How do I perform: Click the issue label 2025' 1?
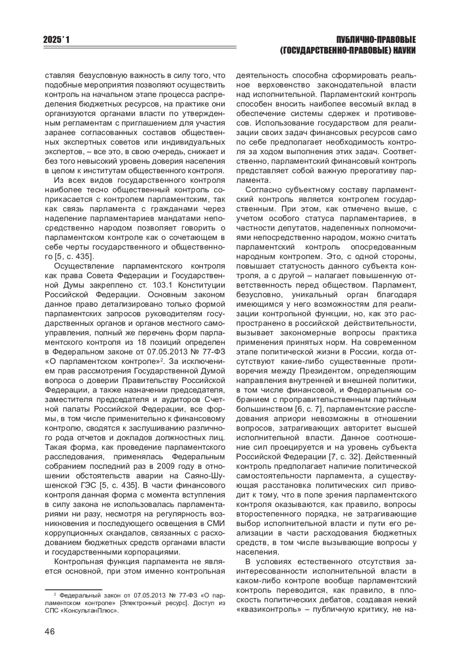[59, 40]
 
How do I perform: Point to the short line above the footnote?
[68, 590]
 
